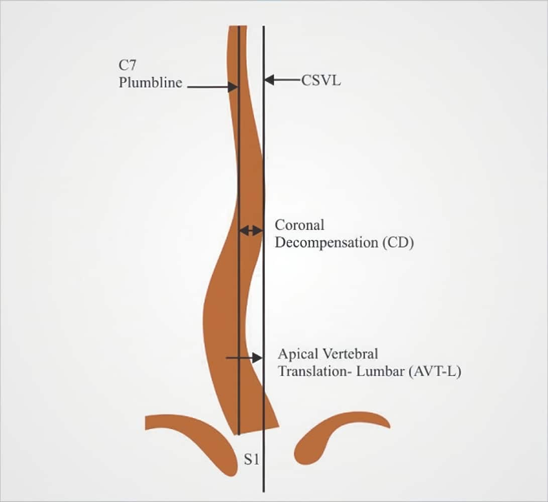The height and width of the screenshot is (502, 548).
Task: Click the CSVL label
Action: [321, 81]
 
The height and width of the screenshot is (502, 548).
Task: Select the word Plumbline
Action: [150, 83]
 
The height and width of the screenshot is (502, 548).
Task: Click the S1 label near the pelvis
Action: [252, 459]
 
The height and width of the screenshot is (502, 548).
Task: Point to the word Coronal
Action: [299, 225]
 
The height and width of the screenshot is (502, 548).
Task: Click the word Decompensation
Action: [326, 243]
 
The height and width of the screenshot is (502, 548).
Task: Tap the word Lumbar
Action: [380, 371]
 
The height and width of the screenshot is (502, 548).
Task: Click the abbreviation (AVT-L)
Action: [435, 371]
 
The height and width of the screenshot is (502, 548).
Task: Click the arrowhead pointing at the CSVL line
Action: [269, 80]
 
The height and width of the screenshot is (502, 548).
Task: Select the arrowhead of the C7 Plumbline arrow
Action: [233, 87]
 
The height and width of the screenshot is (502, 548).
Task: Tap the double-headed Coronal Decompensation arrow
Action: [251, 230]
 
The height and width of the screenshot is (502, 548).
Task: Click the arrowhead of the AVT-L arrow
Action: [257, 358]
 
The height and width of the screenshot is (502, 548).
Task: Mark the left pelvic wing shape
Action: [196, 433]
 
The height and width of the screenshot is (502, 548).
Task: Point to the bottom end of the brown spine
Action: [255, 430]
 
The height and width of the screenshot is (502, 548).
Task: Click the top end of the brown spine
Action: [238, 27]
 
